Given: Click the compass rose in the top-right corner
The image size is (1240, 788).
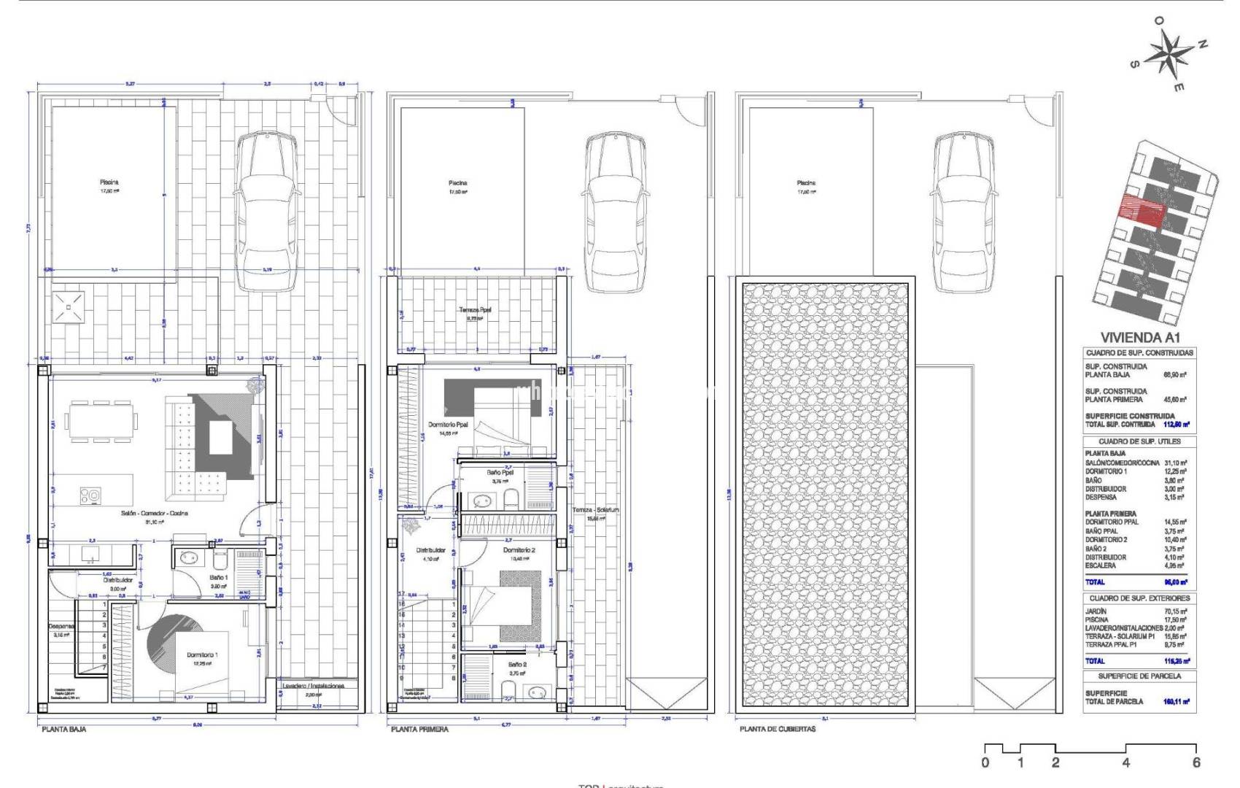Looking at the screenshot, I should pyautogui.click(x=1170, y=54).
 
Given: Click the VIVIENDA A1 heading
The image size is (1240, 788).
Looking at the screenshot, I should pyautogui.click(x=1139, y=337).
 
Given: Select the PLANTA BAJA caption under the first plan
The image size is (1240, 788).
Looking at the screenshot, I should pyautogui.click(x=64, y=729).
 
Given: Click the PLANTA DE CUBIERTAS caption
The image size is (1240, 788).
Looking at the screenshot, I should pyautogui.click(x=778, y=729).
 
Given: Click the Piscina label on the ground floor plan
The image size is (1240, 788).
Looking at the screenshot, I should pyautogui.click(x=109, y=182).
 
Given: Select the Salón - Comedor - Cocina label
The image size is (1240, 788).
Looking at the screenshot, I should pyautogui.click(x=155, y=513).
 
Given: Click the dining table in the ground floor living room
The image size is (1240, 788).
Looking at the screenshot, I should pyautogui.click(x=101, y=421).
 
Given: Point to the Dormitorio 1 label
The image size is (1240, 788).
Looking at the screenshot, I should pyautogui.click(x=201, y=654).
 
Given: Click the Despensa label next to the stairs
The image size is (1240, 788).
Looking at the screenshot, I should pyautogui.click(x=60, y=625).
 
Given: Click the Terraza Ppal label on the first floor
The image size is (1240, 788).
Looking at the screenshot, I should pyautogui.click(x=475, y=310).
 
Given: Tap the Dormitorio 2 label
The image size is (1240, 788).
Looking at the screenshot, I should pyautogui.click(x=519, y=549).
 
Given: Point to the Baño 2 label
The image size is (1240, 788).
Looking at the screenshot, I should pyautogui.click(x=519, y=665).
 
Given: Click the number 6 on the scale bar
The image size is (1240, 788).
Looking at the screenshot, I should pyautogui.click(x=1196, y=763).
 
